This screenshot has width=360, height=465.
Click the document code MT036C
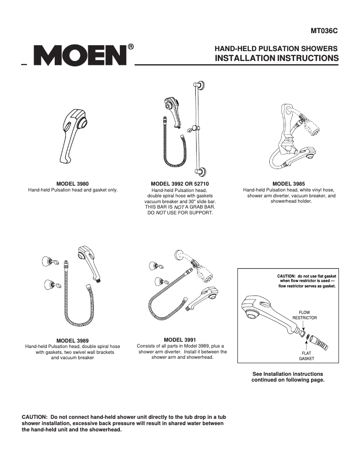[x=324, y=31]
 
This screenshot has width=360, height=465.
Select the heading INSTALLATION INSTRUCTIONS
[x=277, y=58]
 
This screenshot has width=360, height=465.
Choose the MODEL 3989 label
[x=73, y=340]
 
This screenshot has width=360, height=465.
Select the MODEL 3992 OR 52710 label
[x=180, y=184]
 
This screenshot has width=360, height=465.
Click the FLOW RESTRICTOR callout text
[x=305, y=315]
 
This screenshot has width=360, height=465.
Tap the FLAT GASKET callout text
[x=307, y=356]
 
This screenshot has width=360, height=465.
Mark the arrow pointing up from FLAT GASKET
[x=307, y=346]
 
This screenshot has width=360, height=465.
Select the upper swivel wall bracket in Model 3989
[x=48, y=261]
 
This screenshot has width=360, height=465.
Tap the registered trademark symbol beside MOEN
[x=131, y=47]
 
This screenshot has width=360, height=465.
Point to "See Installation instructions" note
[x=288, y=374]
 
